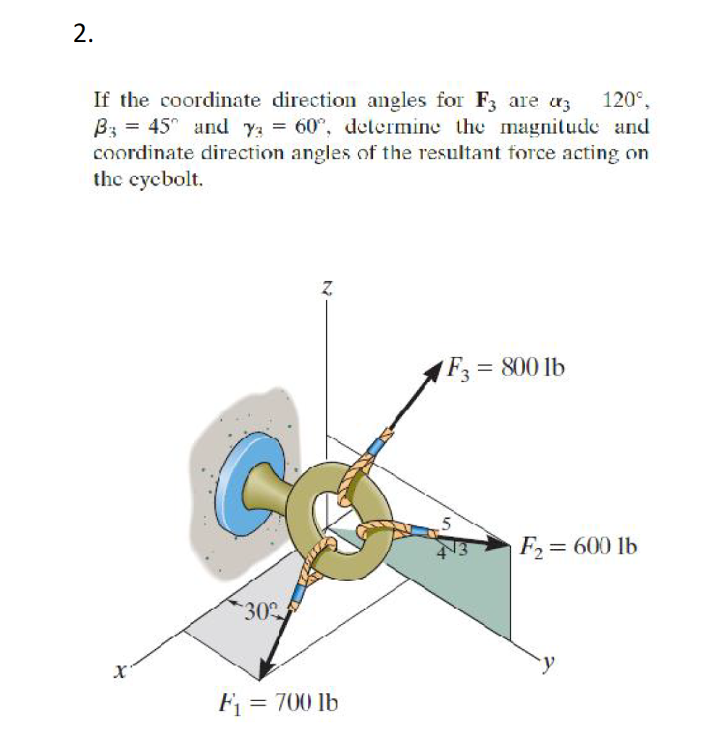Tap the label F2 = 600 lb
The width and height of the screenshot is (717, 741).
[577, 545]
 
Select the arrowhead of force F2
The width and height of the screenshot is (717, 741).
[499, 543]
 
